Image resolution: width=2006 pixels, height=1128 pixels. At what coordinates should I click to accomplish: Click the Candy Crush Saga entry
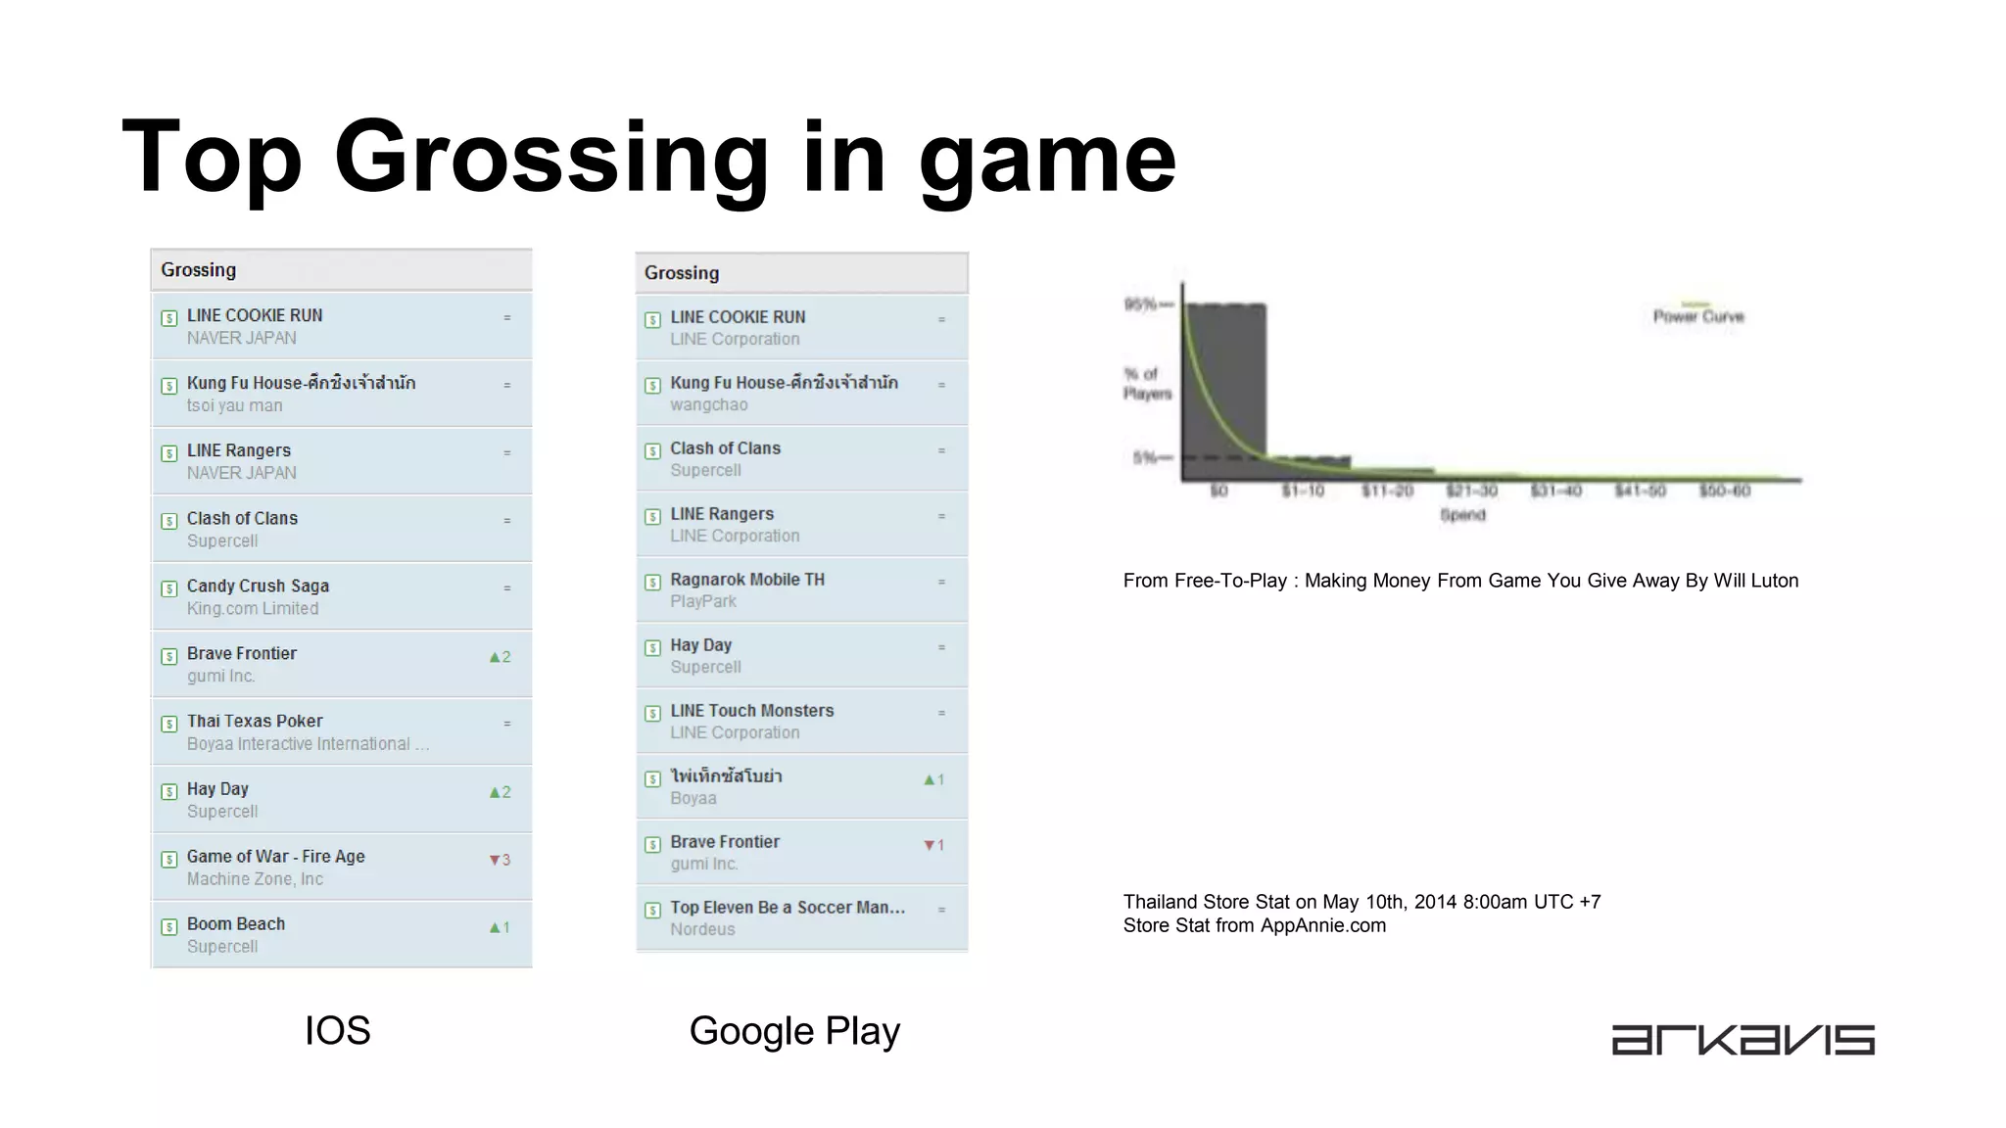coord(258,587)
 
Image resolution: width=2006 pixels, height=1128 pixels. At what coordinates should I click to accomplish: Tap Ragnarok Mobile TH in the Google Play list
coord(747,580)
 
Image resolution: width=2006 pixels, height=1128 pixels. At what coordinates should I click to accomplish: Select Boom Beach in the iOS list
coord(236,924)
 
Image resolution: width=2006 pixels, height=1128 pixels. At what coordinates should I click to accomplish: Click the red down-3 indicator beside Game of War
coord(500,860)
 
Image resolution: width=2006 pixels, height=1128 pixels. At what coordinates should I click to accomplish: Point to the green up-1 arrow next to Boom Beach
coord(500,927)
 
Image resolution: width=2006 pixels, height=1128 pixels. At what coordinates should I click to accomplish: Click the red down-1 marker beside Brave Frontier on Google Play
coord(934,845)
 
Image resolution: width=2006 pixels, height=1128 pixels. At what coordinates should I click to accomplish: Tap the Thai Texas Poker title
coord(255,722)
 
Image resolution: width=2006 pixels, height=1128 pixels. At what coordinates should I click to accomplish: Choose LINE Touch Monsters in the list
coord(752,711)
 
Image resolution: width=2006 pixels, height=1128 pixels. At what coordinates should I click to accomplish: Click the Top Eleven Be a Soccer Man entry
coord(788,908)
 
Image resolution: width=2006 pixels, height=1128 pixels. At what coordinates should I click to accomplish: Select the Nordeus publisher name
coord(702,929)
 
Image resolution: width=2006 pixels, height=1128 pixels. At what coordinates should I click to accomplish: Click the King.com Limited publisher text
coord(253,608)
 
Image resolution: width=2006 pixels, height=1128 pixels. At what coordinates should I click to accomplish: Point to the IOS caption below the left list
coord(337,1031)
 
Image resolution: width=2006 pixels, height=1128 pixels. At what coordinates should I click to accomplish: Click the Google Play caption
coord(794,1031)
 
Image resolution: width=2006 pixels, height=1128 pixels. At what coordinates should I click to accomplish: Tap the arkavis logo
coord(1743,1040)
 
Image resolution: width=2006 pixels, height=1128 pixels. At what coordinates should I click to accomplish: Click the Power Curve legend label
coord(1698,316)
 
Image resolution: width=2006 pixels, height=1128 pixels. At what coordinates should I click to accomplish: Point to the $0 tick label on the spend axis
coord(1218,491)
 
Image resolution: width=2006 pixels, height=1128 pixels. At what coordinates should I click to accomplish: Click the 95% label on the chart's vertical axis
coord(1141,305)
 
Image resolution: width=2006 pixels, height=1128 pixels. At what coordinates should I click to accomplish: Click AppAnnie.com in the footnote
coord(1322,925)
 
